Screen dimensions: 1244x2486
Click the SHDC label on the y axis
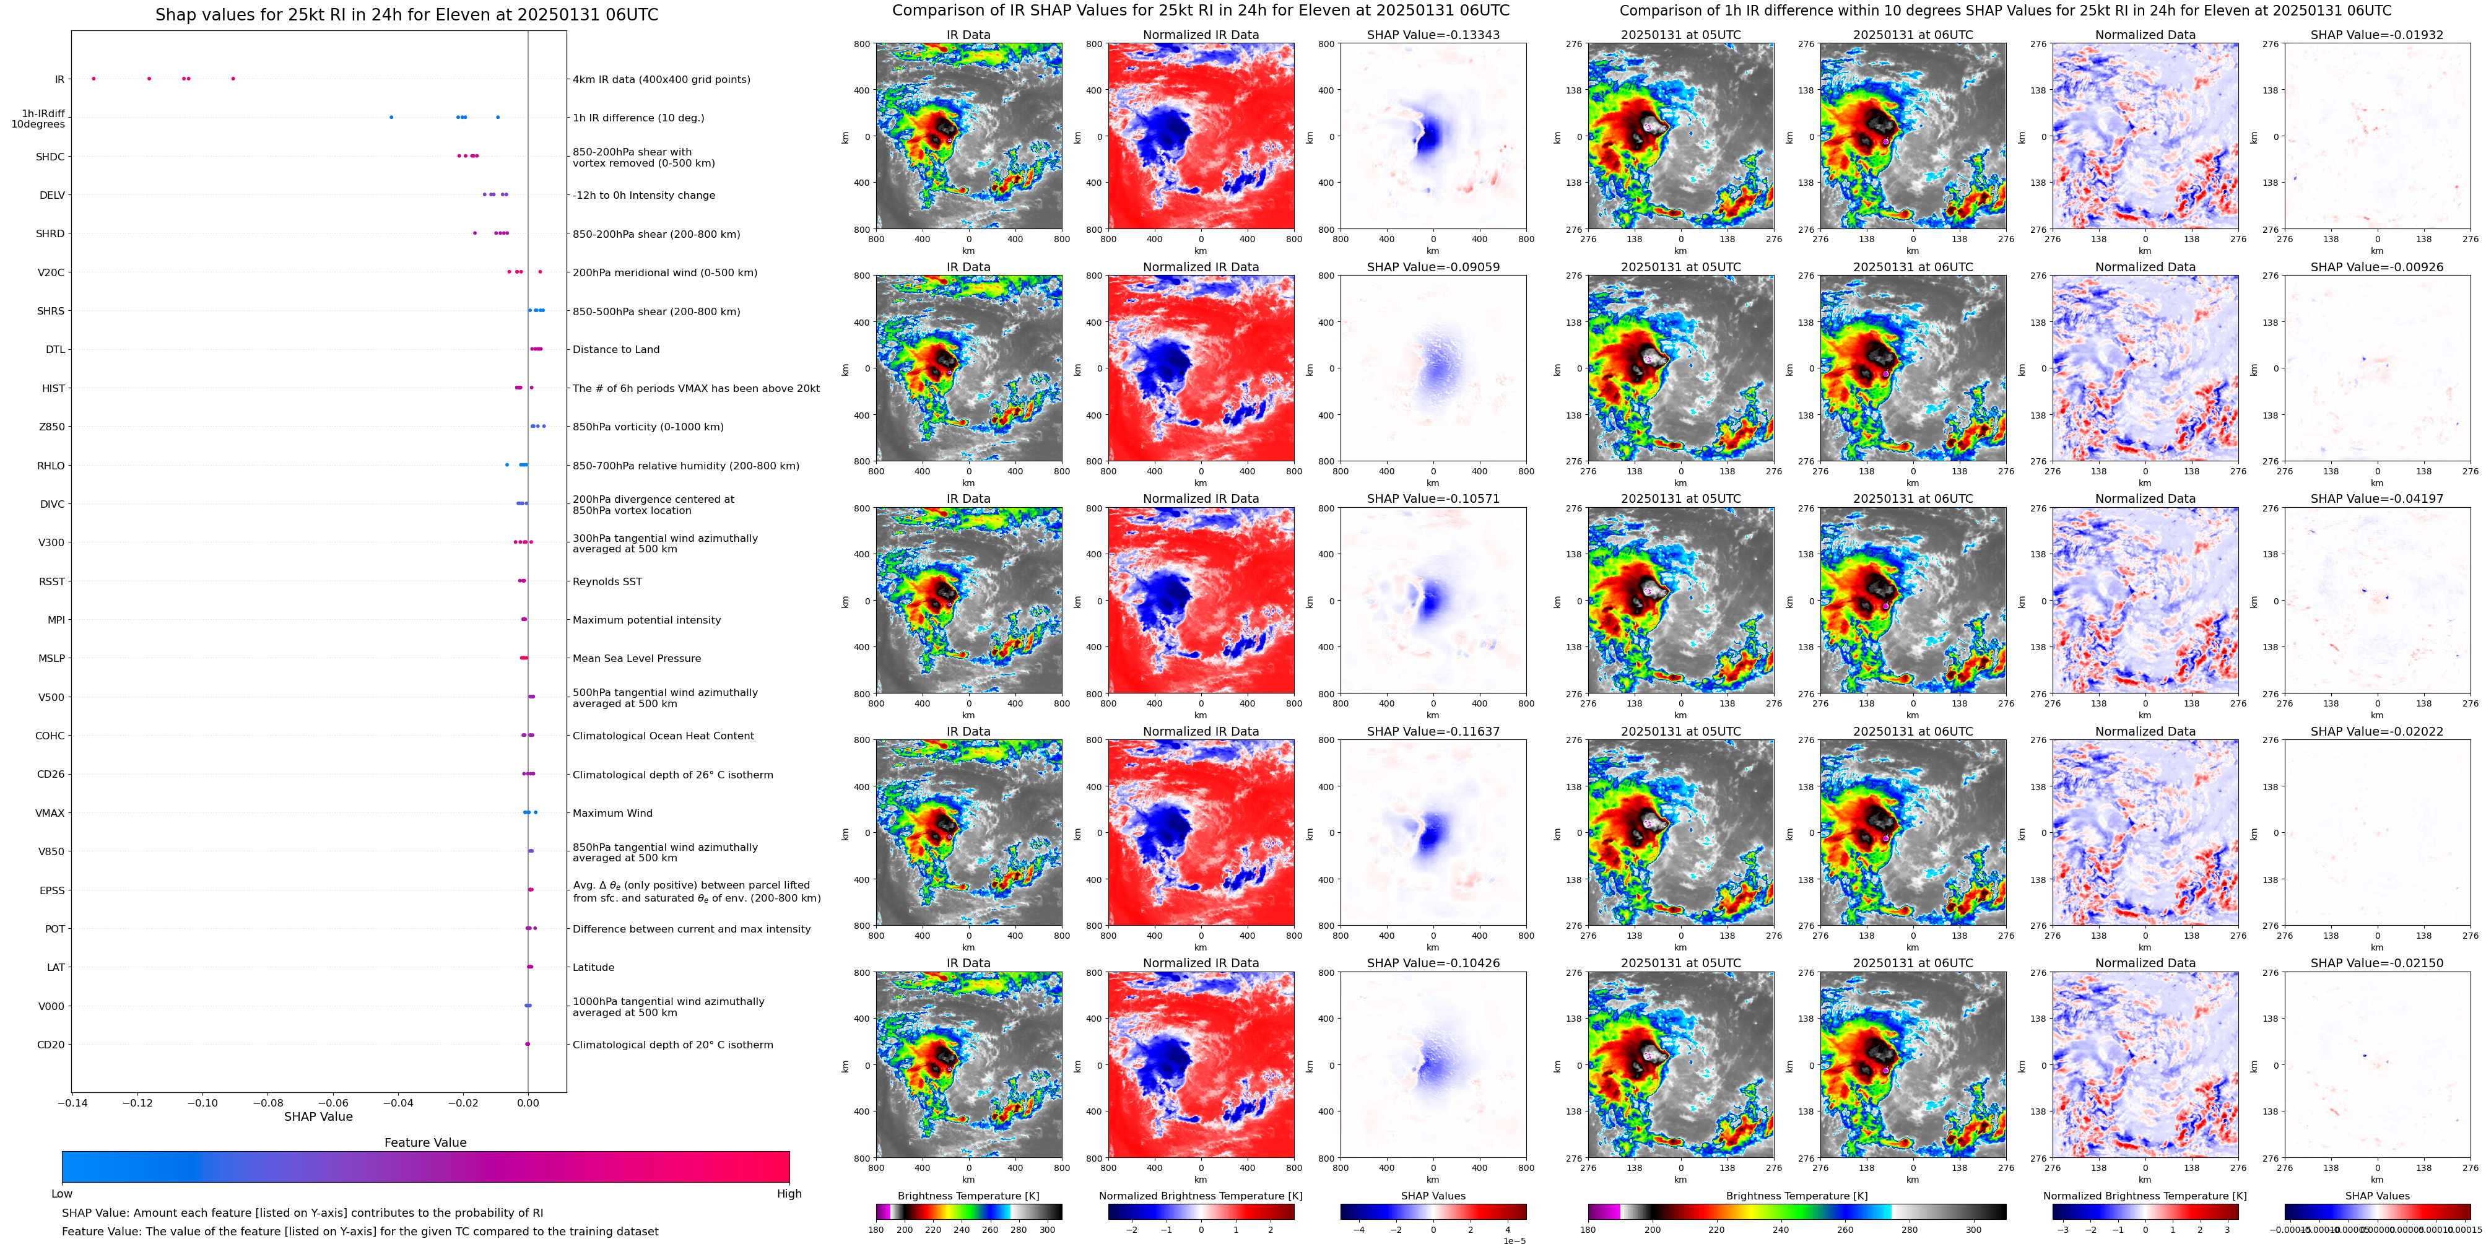pos(50,156)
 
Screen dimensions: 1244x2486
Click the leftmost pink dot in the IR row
pos(93,78)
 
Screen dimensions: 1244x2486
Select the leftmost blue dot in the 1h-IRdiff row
pos(391,118)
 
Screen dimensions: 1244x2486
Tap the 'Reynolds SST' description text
pos(607,581)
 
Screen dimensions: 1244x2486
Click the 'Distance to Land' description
pos(615,349)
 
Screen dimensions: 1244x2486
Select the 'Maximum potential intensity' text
pos(646,620)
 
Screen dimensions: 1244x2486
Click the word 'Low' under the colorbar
pos(62,1194)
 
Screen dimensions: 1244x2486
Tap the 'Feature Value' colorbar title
pos(425,1142)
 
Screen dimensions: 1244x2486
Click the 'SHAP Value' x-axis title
pos(318,1116)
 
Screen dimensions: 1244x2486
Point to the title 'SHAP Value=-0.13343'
pos(1433,35)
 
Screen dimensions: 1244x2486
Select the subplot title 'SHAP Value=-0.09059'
pos(1433,268)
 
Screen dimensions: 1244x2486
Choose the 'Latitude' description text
pos(594,967)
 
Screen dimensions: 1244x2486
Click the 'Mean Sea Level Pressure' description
pos(637,658)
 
